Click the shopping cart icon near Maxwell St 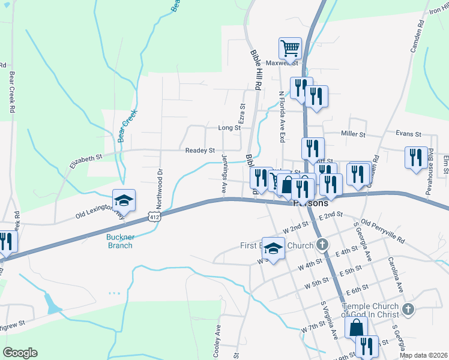(290, 47)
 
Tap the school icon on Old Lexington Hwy (124, 199)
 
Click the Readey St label (200, 150)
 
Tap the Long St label (229, 128)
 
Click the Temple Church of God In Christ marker (408, 310)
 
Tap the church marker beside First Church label (323, 244)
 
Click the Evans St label (408, 134)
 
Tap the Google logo (20, 353)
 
